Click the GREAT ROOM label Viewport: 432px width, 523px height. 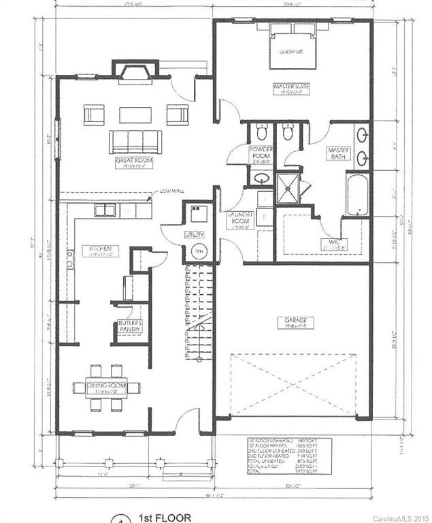click(134, 161)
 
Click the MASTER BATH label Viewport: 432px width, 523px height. click(337, 153)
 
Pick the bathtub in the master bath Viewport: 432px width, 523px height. click(357, 194)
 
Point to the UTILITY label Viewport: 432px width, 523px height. click(195, 234)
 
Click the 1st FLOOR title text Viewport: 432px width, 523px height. click(161, 518)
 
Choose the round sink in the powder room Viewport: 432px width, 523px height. click(260, 178)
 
